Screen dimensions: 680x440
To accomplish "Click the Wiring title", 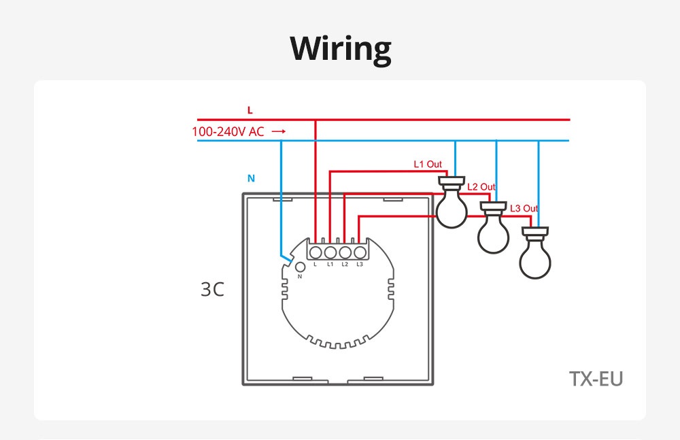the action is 341,49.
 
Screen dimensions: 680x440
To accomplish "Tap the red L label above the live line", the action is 250,110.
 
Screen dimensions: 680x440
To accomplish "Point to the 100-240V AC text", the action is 228,131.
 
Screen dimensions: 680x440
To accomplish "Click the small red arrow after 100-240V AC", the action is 279,131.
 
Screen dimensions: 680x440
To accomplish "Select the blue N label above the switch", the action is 251,178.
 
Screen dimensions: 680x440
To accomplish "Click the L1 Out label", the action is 428,164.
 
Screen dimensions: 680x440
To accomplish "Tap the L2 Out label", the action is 481,187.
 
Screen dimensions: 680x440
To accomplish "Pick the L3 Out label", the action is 524,209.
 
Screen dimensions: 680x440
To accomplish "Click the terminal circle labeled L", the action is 316,252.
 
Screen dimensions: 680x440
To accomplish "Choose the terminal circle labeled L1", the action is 330,252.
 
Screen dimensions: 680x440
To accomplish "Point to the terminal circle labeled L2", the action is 345,252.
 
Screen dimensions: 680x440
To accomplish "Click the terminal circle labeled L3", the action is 360,252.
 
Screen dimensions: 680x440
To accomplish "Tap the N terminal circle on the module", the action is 300,267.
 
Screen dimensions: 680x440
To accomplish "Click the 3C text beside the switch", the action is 212,290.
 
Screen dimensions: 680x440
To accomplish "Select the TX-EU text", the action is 596,379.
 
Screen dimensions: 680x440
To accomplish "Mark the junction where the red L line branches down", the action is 316,120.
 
